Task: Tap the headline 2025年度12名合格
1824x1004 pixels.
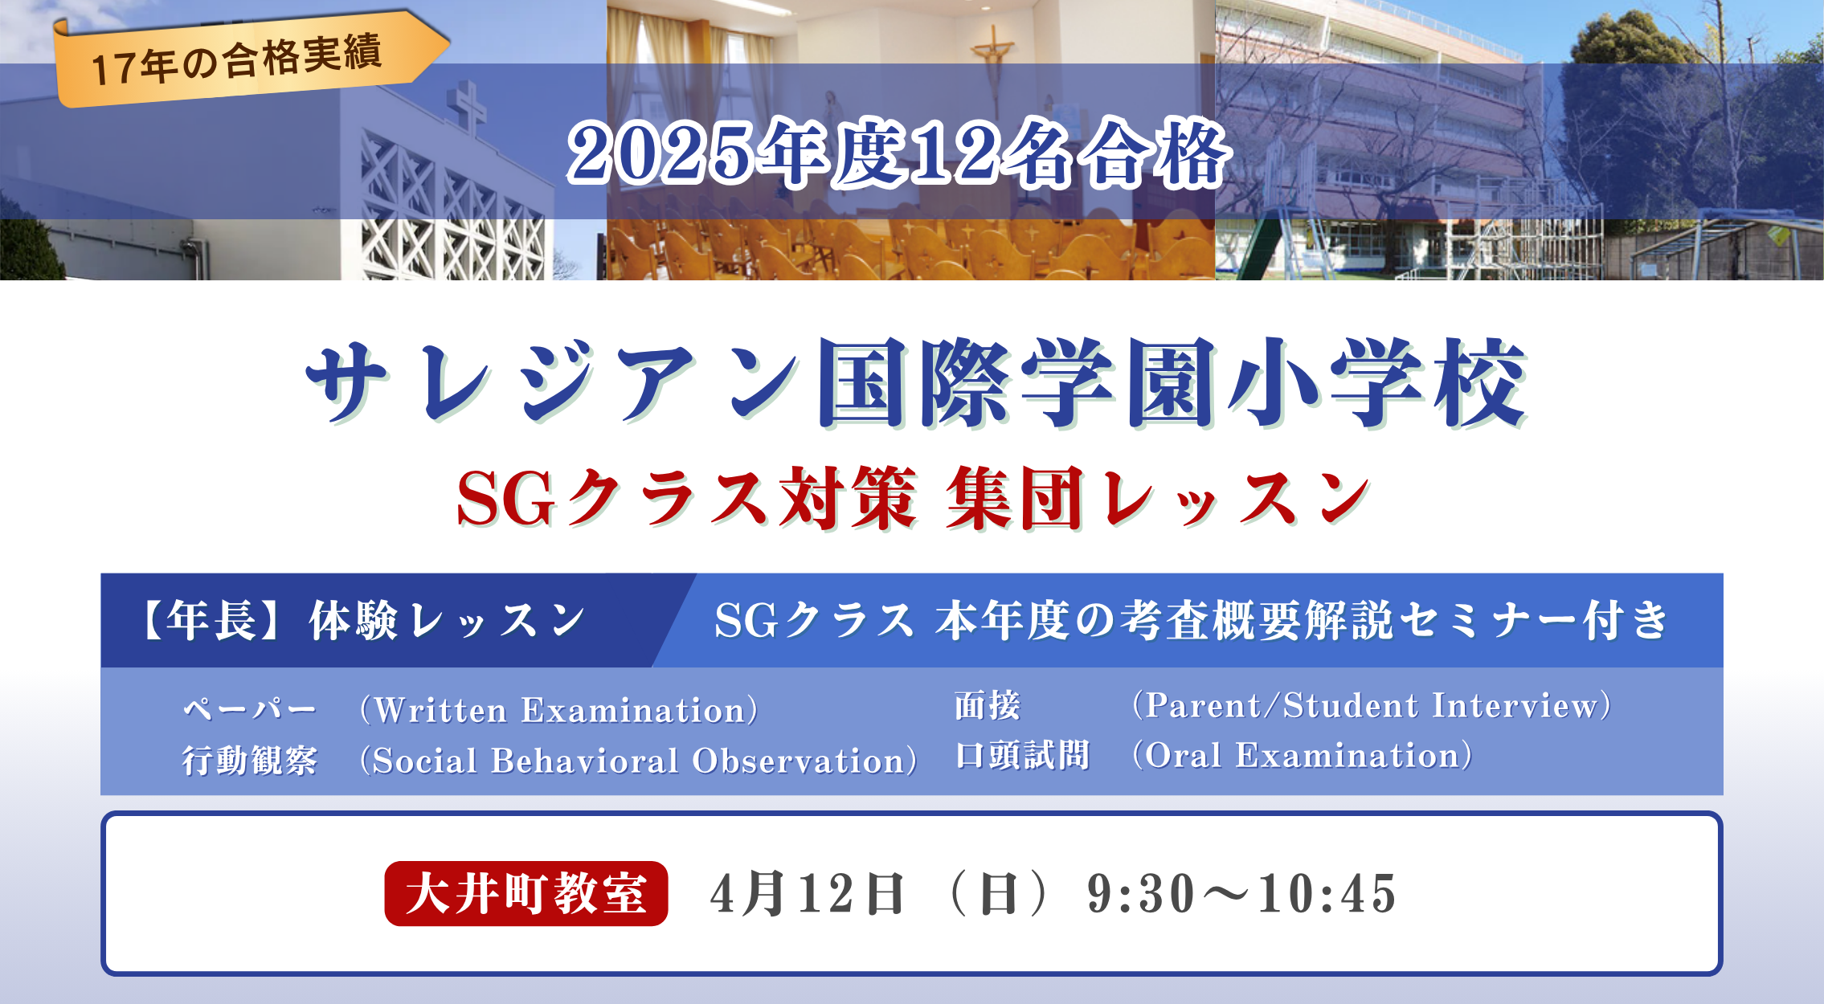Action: (898, 153)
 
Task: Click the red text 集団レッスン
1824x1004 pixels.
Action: (1158, 498)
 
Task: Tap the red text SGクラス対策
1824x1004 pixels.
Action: (687, 498)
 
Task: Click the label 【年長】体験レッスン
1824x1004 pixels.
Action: (362, 621)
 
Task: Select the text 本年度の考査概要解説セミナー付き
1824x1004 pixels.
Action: (1302, 621)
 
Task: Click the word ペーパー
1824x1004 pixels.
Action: (250, 709)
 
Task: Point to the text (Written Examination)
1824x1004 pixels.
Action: (558, 710)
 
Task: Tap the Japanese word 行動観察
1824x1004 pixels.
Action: (250, 760)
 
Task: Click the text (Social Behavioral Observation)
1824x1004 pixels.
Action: (638, 760)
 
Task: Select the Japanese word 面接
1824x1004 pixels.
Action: (988, 705)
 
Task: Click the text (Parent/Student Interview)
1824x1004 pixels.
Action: (1371, 705)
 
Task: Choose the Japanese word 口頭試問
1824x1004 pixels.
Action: (1022, 755)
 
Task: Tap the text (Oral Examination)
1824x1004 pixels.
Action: (1302, 755)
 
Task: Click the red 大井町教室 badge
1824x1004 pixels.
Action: (526, 893)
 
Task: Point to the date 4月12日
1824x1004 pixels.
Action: (808, 893)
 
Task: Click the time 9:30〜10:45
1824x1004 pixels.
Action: (1242, 893)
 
